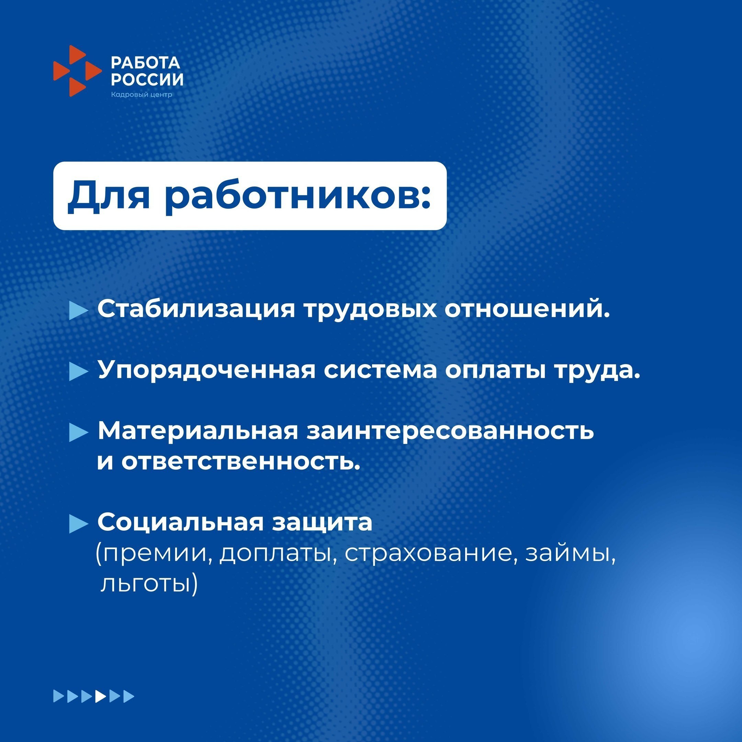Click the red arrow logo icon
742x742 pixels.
pyautogui.click(x=77, y=71)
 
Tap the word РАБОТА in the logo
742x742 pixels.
pyautogui.click(x=146, y=62)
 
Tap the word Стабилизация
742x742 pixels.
pyautogui.click(x=196, y=309)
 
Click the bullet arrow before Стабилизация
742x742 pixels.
pyautogui.click(x=79, y=310)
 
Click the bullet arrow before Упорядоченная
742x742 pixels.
pyautogui.click(x=79, y=371)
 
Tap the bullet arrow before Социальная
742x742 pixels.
pyautogui.click(x=79, y=524)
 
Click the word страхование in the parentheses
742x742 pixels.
pyautogui.click(x=429, y=554)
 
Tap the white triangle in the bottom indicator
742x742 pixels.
pyautogui.click(x=101, y=696)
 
